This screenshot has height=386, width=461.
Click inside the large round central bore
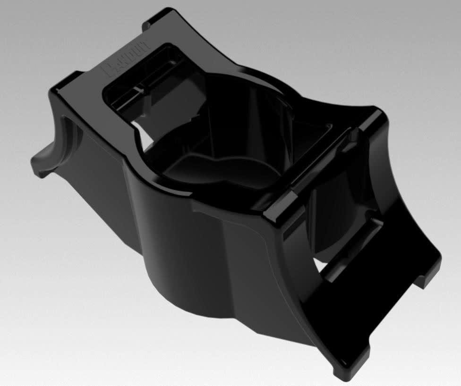(227, 127)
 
